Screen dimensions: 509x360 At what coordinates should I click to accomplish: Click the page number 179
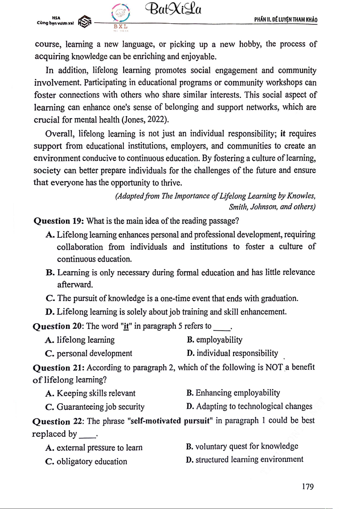click(307, 486)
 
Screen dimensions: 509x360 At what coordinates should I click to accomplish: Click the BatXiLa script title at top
click(173, 9)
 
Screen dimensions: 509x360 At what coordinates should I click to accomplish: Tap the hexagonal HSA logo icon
click(85, 22)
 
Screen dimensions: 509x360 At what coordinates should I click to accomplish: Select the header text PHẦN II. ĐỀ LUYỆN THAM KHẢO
click(285, 20)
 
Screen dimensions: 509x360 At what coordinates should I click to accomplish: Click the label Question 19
click(59, 221)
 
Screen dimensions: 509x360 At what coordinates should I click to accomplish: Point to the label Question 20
click(58, 326)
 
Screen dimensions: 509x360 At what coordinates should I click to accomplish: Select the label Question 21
click(59, 368)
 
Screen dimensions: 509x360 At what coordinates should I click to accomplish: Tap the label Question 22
click(58, 421)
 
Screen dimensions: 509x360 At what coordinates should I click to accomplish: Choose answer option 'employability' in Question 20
click(219, 340)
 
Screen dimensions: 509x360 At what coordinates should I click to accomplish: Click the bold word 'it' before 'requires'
click(283, 134)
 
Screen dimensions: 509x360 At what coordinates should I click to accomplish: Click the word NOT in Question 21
click(274, 367)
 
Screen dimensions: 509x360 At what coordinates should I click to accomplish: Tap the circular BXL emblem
click(121, 13)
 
